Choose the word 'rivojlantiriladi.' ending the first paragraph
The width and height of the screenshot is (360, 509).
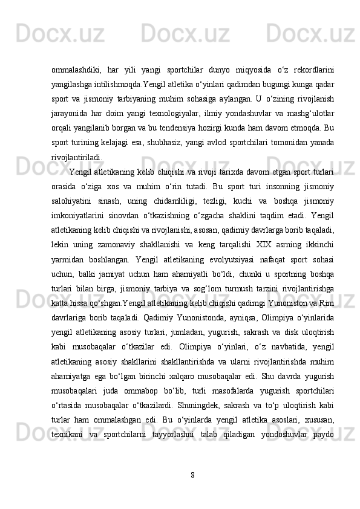tap(77, 158)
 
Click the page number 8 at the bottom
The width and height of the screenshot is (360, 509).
tap(192, 474)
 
